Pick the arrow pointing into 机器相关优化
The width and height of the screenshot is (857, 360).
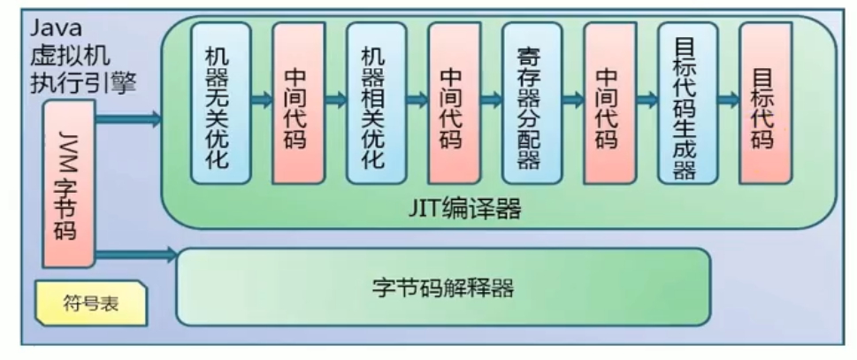pyautogui.click(x=335, y=100)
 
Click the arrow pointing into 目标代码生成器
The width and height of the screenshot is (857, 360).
pyautogui.click(x=646, y=100)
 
